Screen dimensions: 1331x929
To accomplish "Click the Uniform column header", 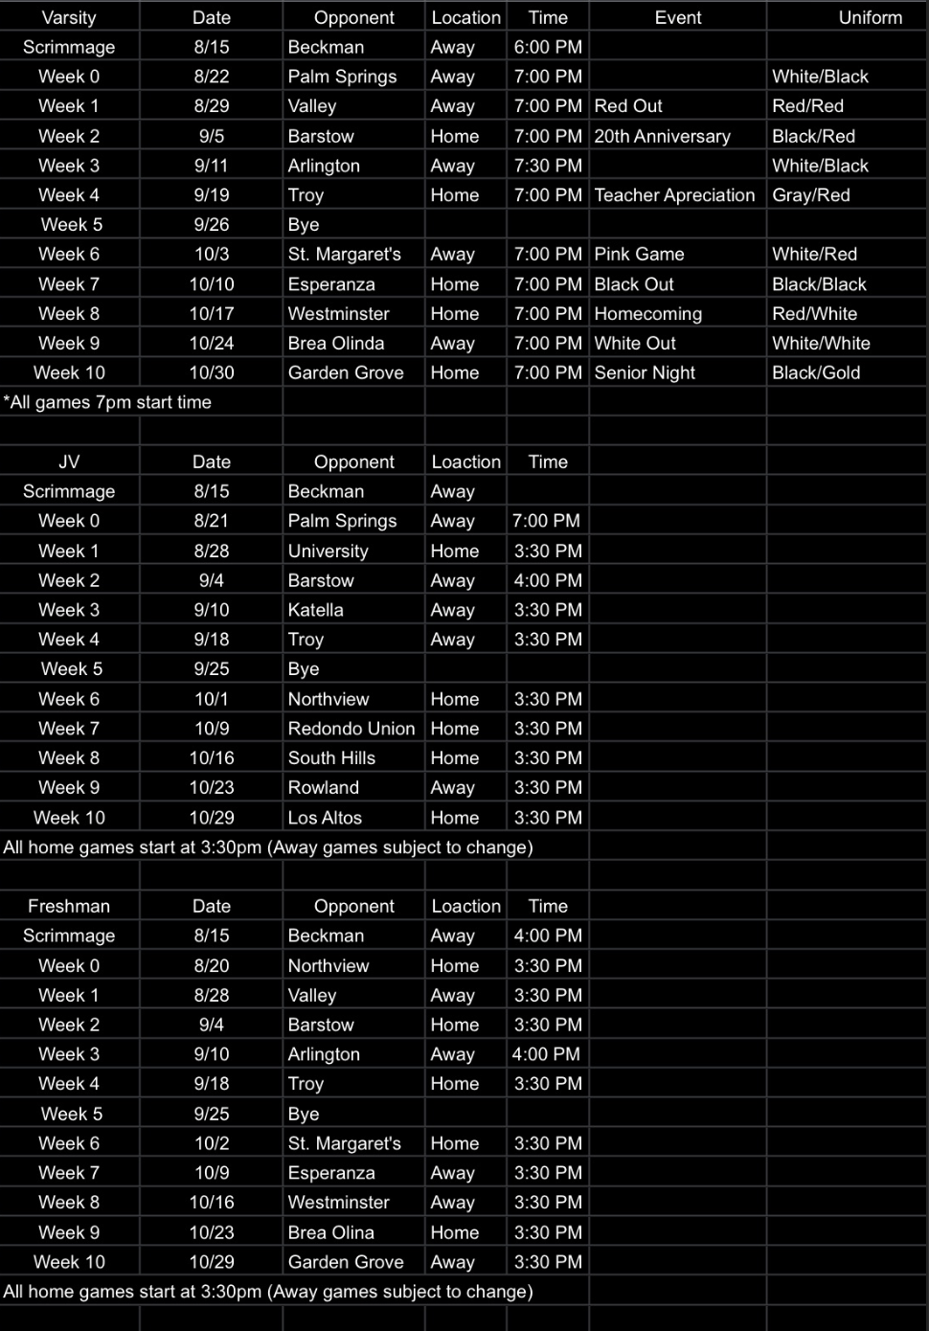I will coord(870,17).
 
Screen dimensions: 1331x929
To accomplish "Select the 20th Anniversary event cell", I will coord(662,136).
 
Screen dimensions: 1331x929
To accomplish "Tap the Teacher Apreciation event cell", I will coord(674,195).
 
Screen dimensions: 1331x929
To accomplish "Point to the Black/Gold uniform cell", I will coord(816,372).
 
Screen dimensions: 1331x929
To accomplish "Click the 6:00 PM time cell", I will coord(548,47).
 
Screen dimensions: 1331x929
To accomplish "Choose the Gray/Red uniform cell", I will coord(811,195).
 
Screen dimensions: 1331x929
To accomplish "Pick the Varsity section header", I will coord(69,17).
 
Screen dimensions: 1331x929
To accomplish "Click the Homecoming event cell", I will coord(647,314).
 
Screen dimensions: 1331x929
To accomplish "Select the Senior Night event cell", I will coord(645,372).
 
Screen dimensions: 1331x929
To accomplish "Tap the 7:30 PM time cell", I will coord(548,166).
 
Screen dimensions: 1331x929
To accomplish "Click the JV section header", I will coord(69,462).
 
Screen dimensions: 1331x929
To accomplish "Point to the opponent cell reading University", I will coord(328,551).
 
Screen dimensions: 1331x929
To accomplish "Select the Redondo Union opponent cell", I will coord(351,729).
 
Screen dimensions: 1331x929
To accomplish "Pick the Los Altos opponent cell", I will coord(325,818).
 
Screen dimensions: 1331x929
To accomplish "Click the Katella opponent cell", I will coord(315,610).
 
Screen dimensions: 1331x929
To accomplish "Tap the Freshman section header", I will coord(69,906).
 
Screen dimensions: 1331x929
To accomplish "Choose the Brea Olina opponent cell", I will coord(330,1232).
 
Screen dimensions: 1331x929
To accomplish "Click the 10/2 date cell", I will coord(212,1143).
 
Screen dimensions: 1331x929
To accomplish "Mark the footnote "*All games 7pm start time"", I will coord(107,402).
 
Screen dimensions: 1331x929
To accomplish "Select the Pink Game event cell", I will coord(639,255).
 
